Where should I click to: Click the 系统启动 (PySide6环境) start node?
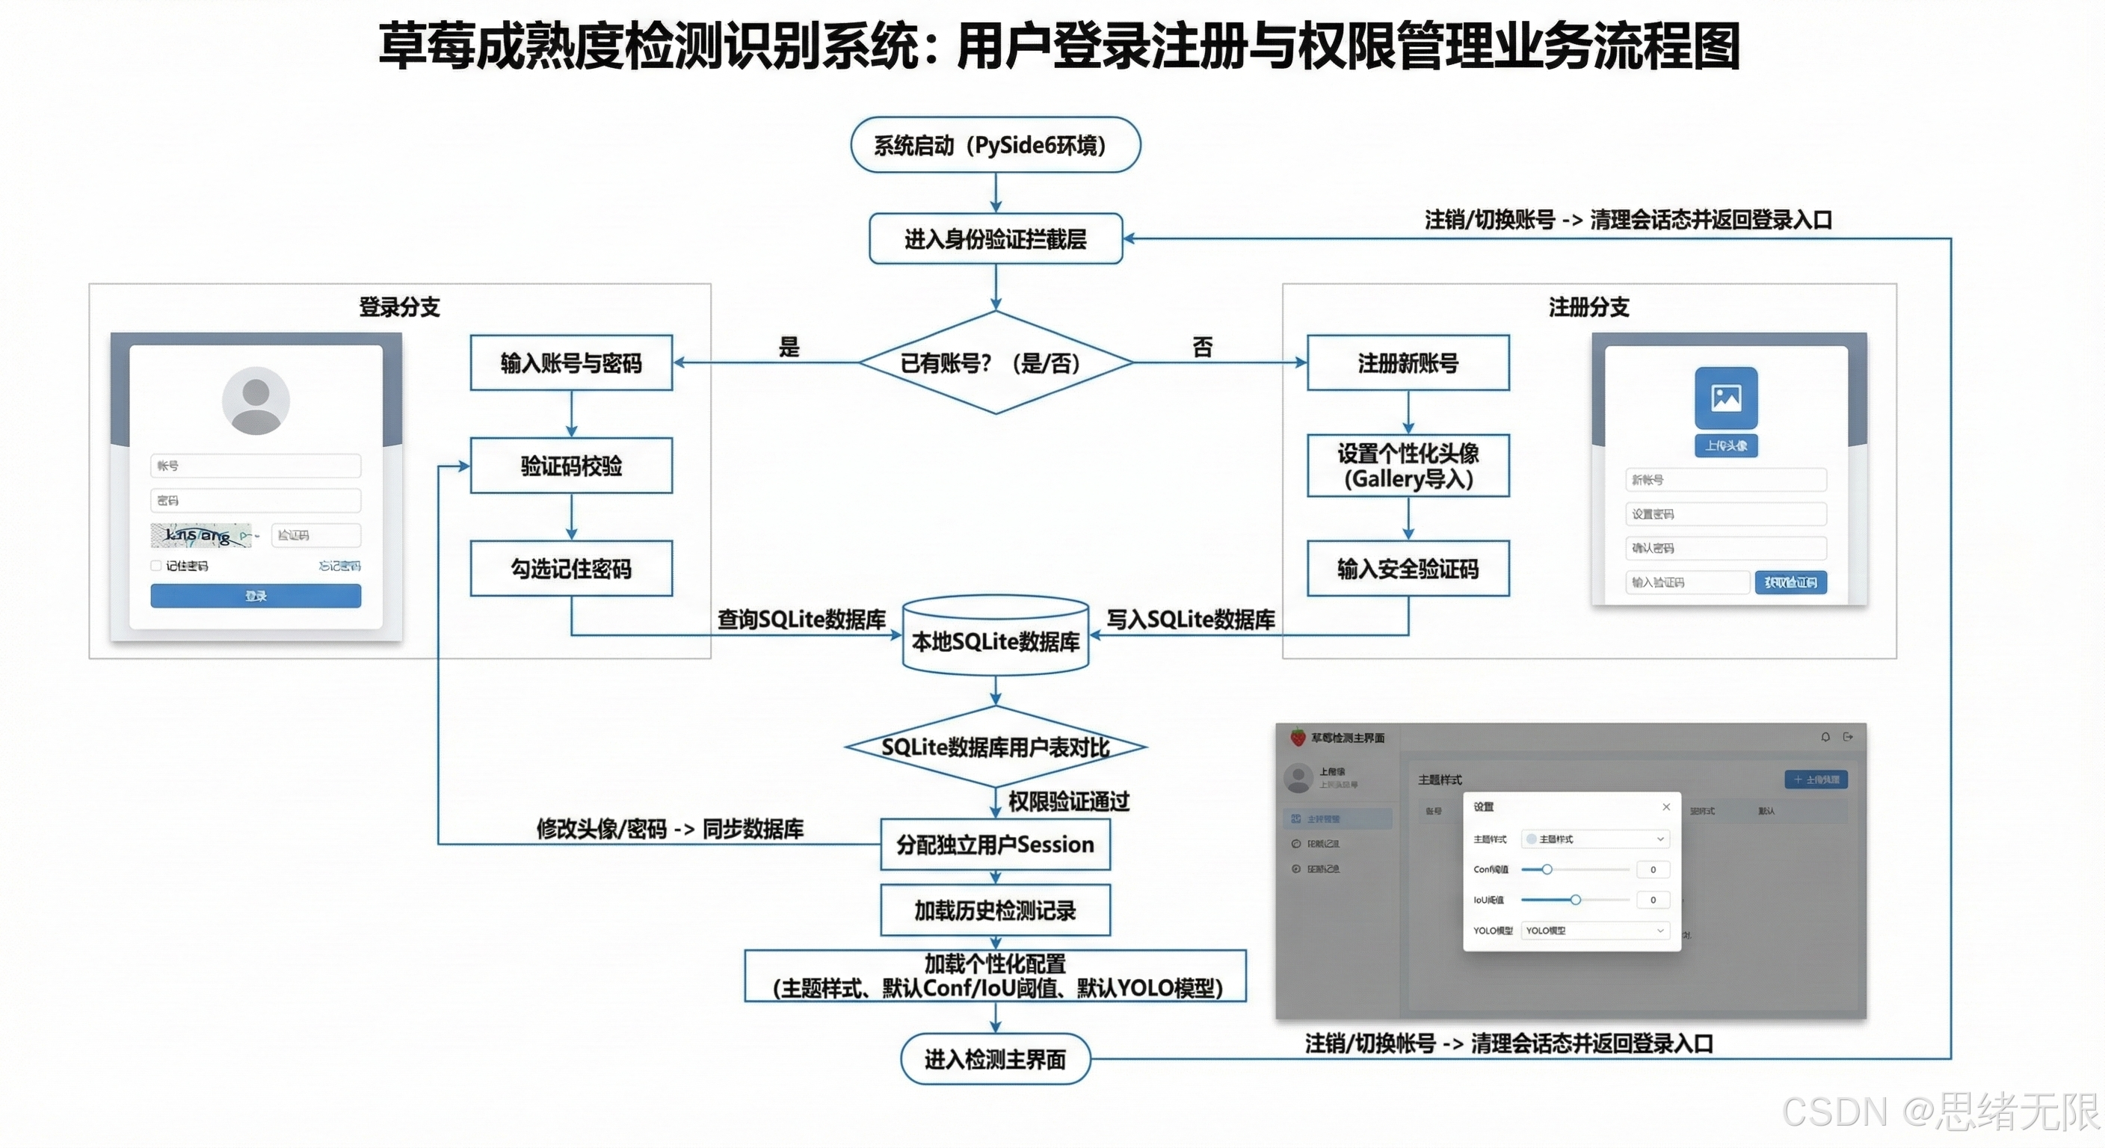(x=995, y=145)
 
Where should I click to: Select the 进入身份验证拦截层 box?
(x=995, y=238)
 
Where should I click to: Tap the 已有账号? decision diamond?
(x=995, y=362)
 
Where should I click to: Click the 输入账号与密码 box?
(x=571, y=362)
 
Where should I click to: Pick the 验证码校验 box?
(x=571, y=466)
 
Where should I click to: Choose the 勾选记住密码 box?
(x=571, y=568)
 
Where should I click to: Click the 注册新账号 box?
(x=1408, y=362)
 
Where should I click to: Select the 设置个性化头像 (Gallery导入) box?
(x=1408, y=466)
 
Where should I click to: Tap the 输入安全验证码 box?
(x=1408, y=568)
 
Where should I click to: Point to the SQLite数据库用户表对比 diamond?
(x=995, y=747)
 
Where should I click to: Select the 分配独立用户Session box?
(x=995, y=844)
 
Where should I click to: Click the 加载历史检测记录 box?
(x=995, y=910)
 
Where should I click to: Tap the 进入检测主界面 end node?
(x=995, y=1059)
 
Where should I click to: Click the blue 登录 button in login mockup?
(x=256, y=596)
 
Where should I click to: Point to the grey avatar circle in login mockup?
(x=256, y=401)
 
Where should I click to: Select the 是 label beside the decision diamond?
(x=789, y=347)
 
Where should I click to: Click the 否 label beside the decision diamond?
(x=1202, y=347)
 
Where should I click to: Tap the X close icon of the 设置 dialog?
(x=1666, y=806)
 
